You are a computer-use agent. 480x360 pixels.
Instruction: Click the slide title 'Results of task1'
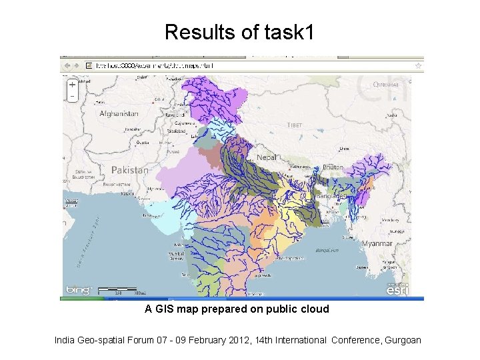239,31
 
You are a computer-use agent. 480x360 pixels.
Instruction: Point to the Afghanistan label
119,114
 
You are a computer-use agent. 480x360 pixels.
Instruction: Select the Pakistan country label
129,170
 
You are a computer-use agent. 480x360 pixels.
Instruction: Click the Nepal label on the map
266,157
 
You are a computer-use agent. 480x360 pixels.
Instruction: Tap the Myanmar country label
377,244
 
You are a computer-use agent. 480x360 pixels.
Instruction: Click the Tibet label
294,125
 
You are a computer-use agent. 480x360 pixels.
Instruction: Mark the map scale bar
122,291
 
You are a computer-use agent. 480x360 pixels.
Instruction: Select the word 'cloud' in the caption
315,309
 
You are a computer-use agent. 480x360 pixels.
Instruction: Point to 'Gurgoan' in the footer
402,340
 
